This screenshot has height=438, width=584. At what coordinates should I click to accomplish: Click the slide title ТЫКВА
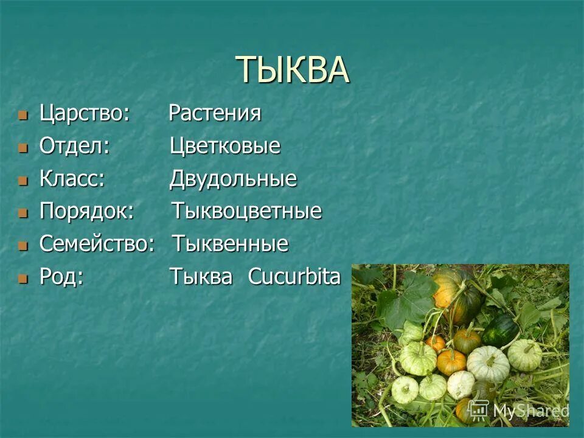(292, 70)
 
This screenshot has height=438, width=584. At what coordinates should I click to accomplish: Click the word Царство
(85, 113)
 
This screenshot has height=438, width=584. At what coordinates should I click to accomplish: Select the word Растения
(215, 113)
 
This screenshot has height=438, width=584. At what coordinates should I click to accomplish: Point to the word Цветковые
(225, 146)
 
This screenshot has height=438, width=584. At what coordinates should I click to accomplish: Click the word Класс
(72, 179)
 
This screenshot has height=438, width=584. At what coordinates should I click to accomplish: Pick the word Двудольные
(233, 179)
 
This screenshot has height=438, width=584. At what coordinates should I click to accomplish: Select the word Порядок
(86, 212)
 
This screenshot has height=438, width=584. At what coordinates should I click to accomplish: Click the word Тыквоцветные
(246, 212)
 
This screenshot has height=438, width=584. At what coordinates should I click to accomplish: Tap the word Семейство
(97, 245)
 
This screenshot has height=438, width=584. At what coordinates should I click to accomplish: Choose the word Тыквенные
(231, 245)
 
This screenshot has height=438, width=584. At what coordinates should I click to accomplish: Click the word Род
(61, 277)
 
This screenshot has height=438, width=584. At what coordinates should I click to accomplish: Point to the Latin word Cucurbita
(294, 277)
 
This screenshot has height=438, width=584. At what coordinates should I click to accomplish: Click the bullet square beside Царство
(23, 114)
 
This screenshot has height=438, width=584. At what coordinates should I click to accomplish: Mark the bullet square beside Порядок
(23, 213)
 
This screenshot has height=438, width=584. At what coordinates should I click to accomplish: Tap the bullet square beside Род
(23, 279)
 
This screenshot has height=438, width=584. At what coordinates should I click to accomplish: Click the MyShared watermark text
(530, 411)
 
